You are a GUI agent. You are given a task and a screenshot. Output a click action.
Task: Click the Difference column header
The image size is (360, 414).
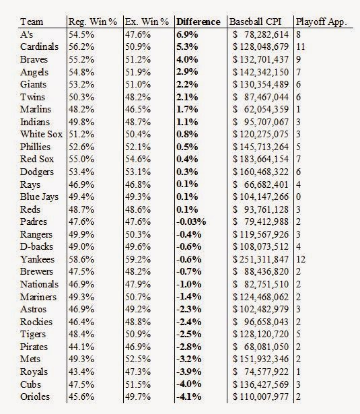pyautogui.click(x=199, y=22)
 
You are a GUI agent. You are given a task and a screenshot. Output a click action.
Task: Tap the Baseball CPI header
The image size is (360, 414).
pyautogui.click(x=255, y=22)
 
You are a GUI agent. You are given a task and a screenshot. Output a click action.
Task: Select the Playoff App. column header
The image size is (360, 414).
pyautogui.click(x=321, y=22)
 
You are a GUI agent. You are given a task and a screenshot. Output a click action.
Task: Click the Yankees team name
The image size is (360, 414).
pyautogui.click(x=37, y=259)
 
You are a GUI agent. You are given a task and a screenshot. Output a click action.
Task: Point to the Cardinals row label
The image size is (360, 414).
pyautogui.click(x=39, y=46)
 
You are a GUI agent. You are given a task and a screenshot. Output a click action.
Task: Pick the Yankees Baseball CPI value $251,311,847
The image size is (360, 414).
pyautogui.click(x=261, y=260)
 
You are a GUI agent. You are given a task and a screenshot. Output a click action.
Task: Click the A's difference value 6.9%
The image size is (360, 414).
pyautogui.click(x=187, y=34)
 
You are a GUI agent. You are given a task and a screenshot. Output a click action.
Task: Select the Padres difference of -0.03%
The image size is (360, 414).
pyautogui.click(x=191, y=221)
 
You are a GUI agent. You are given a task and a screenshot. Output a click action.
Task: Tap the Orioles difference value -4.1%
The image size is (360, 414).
pyautogui.click(x=188, y=397)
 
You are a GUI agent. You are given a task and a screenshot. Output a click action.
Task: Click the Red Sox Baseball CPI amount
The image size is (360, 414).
pyautogui.click(x=261, y=160)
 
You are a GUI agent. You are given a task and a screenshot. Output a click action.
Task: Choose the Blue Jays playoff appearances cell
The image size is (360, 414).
pyautogui.click(x=299, y=197)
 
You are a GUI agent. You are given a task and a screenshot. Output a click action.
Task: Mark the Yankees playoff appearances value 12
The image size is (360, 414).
pyautogui.click(x=301, y=259)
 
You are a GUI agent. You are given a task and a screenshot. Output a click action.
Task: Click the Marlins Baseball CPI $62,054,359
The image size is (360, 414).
pyautogui.click(x=261, y=109)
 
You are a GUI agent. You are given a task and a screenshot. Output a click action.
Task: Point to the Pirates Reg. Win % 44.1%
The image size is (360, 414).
pyautogui.click(x=81, y=347)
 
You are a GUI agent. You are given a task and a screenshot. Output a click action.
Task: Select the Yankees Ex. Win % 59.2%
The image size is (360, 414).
pyautogui.click(x=138, y=259)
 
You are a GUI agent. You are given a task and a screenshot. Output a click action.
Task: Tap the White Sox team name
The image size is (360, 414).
pyautogui.click(x=42, y=134)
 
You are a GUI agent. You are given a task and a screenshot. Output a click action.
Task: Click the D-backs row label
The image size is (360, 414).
pyautogui.click(x=37, y=246)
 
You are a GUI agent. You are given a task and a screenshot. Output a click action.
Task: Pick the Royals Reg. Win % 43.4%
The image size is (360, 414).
pyautogui.click(x=81, y=372)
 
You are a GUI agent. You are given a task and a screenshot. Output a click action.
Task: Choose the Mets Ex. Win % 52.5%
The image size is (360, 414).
pyautogui.click(x=138, y=359)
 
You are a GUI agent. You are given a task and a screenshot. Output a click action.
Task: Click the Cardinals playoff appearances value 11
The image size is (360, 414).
pyautogui.click(x=301, y=46)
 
